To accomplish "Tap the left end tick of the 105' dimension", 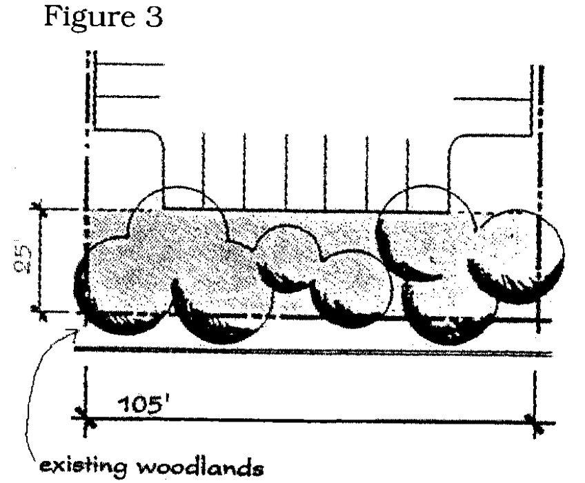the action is click(x=86, y=420).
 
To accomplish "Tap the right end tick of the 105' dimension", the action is click(x=533, y=420).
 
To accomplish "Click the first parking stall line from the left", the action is click(x=204, y=172).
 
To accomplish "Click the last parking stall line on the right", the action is click(x=408, y=172).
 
